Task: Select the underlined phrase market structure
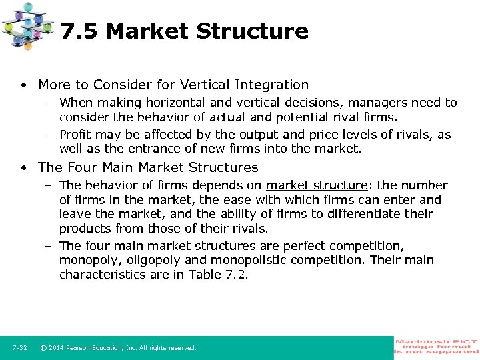coord(317,185)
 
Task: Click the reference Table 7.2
coord(217,275)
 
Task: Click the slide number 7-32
coord(20,348)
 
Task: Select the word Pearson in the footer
coord(79,348)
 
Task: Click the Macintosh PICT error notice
coord(437,347)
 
